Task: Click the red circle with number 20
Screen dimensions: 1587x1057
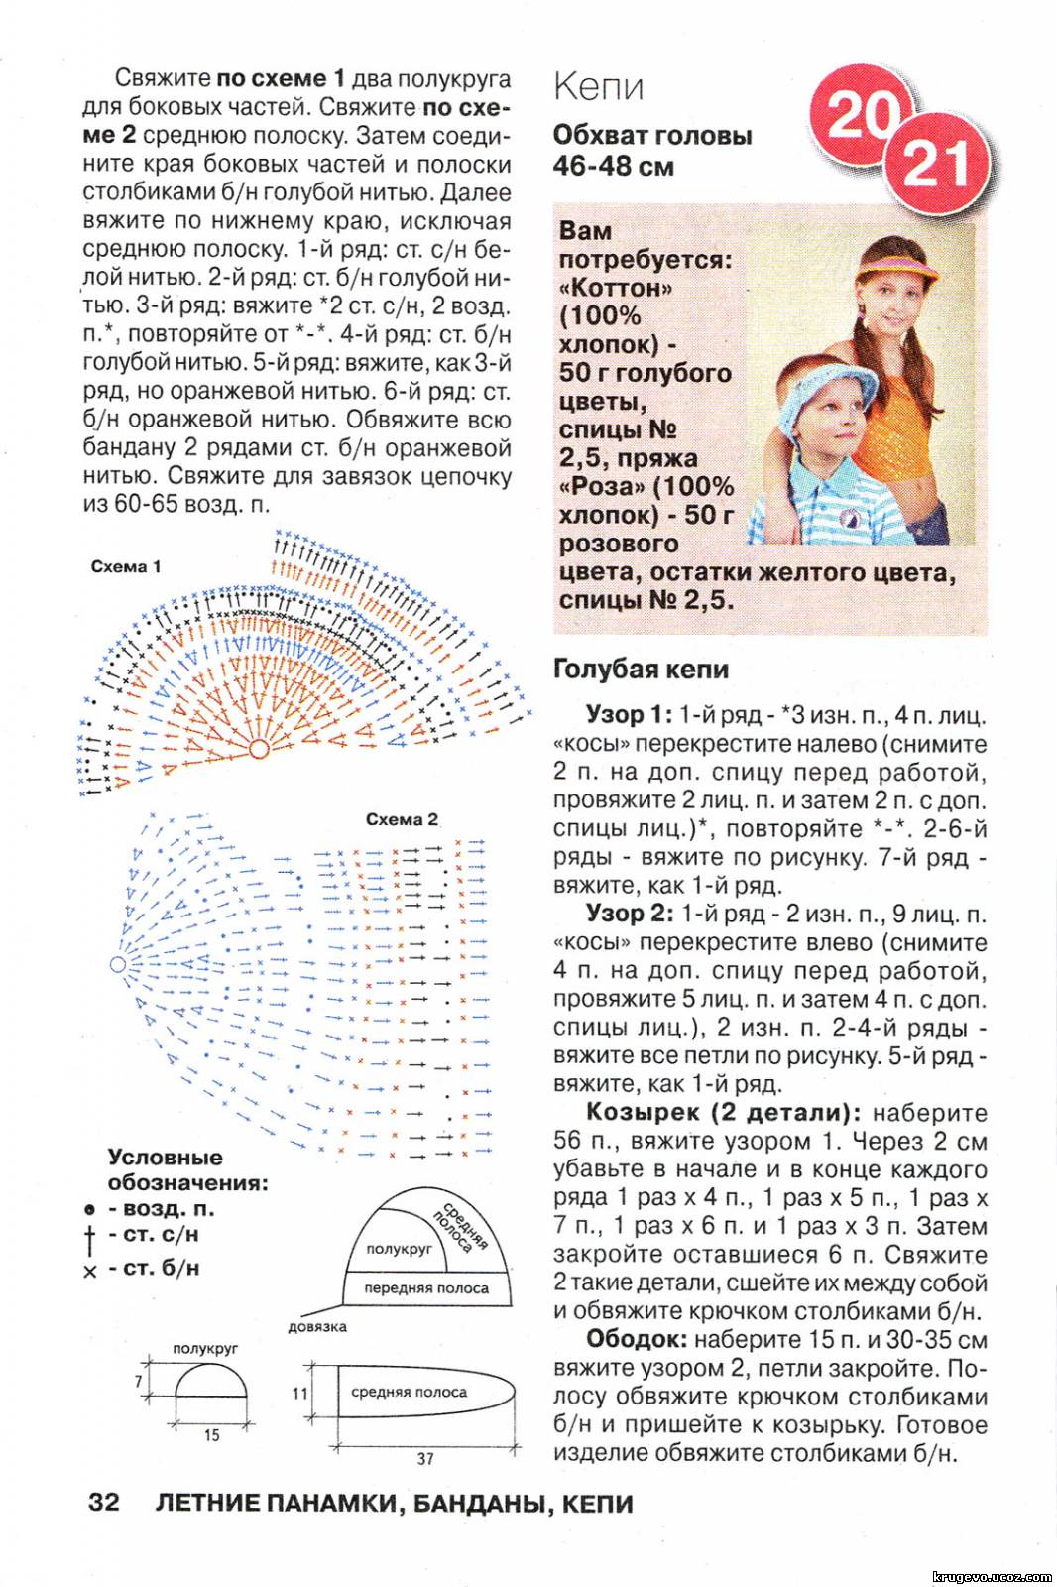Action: pyautogui.click(x=859, y=116)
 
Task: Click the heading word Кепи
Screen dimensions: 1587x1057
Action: pyautogui.click(x=598, y=86)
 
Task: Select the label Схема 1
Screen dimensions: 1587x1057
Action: pyautogui.click(x=126, y=566)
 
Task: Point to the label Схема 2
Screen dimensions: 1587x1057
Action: pyautogui.click(x=402, y=819)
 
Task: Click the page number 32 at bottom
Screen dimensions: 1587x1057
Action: pyautogui.click(x=103, y=1503)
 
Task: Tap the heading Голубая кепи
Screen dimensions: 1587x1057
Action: pyautogui.click(x=641, y=670)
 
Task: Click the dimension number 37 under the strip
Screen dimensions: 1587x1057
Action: pyautogui.click(x=425, y=1458)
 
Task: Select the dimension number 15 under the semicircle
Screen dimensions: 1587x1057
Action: pyautogui.click(x=211, y=1434)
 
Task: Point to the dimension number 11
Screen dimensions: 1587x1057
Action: pyautogui.click(x=300, y=1393)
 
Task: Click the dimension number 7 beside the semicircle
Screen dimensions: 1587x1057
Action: pyautogui.click(x=139, y=1381)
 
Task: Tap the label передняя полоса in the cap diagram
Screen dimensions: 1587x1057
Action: pyautogui.click(x=426, y=1287)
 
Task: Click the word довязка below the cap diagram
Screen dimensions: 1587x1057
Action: pyautogui.click(x=317, y=1327)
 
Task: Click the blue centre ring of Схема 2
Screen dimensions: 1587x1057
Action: pyautogui.click(x=118, y=964)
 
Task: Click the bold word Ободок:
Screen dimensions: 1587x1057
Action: pyautogui.click(x=636, y=1339)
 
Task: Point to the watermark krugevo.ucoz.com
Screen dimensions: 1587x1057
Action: pyautogui.click(x=992, y=1576)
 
